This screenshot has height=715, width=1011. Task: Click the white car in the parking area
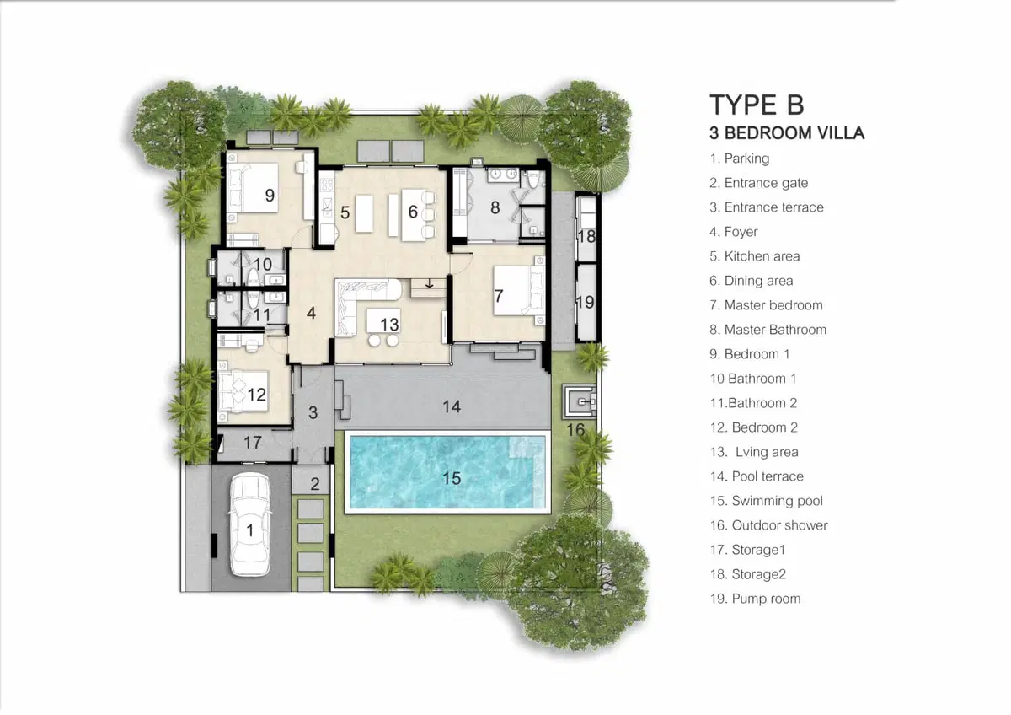click(250, 524)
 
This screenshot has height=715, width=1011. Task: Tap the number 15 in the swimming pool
click(452, 478)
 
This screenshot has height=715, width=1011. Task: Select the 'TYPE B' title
click(757, 105)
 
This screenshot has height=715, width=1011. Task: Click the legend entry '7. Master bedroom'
click(766, 305)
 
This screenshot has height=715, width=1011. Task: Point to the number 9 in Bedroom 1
click(270, 195)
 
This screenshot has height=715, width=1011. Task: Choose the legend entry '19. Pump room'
click(755, 599)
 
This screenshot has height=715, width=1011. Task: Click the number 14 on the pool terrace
click(452, 407)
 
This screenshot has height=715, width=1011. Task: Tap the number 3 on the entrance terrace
click(313, 412)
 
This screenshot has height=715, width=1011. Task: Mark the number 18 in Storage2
click(586, 236)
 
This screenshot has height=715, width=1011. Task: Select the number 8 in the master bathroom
click(495, 207)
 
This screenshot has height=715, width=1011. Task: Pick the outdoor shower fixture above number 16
click(580, 401)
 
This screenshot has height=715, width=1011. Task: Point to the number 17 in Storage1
click(252, 442)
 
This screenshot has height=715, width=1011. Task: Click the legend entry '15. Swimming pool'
click(766, 501)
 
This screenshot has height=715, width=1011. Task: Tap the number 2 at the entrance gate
click(315, 484)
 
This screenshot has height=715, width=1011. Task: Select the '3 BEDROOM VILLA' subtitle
click(787, 133)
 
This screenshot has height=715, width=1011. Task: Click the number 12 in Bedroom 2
click(256, 395)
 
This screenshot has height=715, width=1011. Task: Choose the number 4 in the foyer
click(311, 313)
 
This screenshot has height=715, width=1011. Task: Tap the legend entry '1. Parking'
click(740, 159)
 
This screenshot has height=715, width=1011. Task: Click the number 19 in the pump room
click(586, 302)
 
